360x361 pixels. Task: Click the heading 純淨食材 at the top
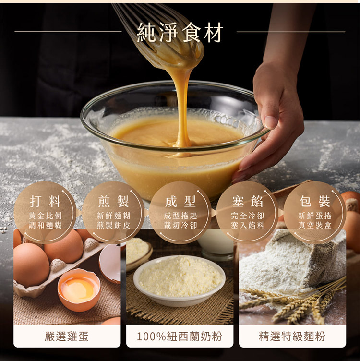click(180, 32)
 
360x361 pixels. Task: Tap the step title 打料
click(45, 201)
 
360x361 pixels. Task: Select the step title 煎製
click(113, 201)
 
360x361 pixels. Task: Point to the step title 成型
click(180, 201)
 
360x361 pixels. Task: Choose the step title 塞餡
click(248, 201)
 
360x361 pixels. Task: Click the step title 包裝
click(315, 201)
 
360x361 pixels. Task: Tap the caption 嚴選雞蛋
click(67, 337)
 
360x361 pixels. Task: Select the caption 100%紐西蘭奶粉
click(180, 337)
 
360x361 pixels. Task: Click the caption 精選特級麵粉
click(292, 337)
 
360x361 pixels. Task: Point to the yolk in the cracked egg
click(79, 289)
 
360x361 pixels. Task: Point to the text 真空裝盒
click(315, 225)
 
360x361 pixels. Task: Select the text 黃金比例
click(45, 216)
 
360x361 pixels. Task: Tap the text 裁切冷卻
click(180, 225)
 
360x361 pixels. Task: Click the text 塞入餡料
click(248, 225)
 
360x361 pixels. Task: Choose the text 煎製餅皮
click(113, 225)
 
